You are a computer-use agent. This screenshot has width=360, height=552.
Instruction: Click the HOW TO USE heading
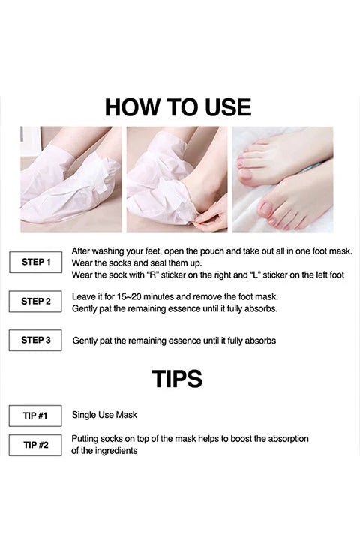(x=178, y=106)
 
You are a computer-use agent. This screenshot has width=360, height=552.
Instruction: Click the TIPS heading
(x=177, y=379)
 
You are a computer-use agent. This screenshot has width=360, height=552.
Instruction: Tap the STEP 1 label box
(x=35, y=262)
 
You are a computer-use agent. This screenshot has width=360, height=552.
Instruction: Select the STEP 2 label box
(x=35, y=301)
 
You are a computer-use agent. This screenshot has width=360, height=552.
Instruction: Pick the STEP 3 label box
(x=35, y=340)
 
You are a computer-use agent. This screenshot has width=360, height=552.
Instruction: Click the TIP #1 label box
(x=35, y=415)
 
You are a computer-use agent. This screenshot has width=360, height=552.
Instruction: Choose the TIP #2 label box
(x=35, y=445)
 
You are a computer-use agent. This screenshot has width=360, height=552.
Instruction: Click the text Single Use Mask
(x=104, y=415)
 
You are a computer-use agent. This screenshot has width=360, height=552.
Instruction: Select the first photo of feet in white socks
(x=70, y=178)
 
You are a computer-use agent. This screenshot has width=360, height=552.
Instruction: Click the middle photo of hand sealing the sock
(x=177, y=178)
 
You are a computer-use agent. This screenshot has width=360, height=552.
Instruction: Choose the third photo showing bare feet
(x=283, y=178)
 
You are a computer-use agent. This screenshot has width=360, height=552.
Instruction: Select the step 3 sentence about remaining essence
(x=174, y=340)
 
